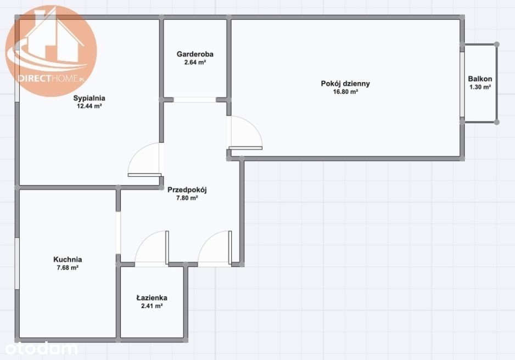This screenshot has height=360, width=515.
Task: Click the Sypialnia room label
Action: (89, 98)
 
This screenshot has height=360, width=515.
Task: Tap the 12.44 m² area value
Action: (89, 106)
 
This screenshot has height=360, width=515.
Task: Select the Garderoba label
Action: (195, 54)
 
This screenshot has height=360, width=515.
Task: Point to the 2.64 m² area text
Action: (195, 63)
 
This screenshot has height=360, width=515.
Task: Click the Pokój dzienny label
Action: (345, 83)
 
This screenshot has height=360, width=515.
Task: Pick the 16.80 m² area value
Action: (345, 92)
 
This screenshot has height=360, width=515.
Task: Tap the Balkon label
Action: (480, 79)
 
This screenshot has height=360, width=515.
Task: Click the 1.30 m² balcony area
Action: (480, 87)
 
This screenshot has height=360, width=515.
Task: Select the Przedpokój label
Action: (187, 190)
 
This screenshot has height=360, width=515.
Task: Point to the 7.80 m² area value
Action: (187, 198)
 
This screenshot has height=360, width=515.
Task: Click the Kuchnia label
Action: (68, 259)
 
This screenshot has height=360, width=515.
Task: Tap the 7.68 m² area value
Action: (68, 267)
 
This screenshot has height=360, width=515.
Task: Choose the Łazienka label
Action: (152, 297)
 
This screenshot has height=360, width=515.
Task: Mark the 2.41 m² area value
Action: (152, 306)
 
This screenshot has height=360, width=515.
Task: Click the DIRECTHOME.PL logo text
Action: (51, 78)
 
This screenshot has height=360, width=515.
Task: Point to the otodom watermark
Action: (41, 348)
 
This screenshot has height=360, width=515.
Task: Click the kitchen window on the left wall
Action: (17, 263)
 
